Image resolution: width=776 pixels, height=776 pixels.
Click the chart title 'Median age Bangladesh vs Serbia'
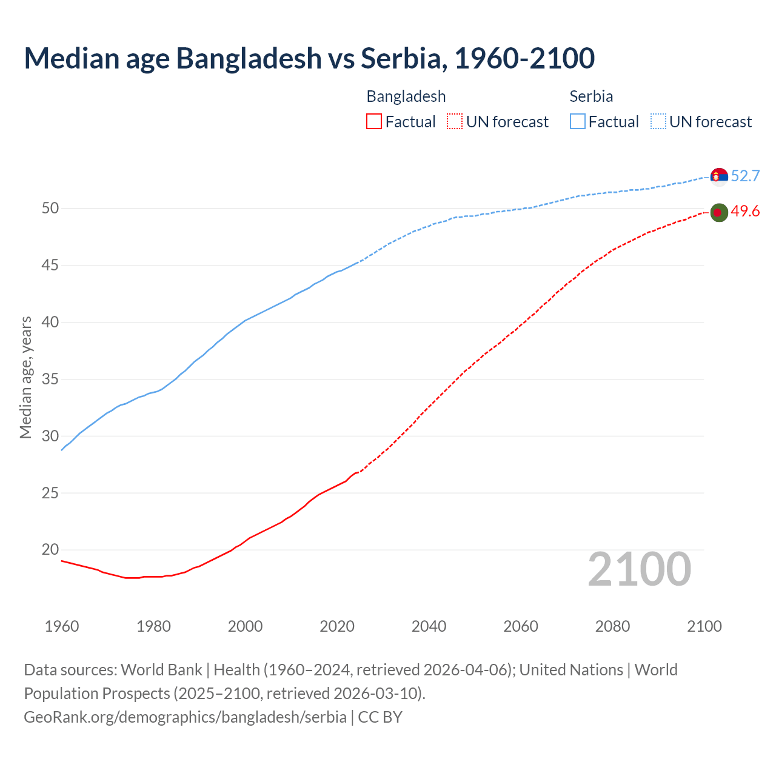pos(309,58)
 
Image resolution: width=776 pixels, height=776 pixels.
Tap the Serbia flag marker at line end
pos(719,176)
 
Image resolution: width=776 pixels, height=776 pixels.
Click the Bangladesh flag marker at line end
pos(719,212)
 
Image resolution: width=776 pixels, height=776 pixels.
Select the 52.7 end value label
pos(745,176)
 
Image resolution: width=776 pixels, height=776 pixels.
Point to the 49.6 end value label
pos(745,212)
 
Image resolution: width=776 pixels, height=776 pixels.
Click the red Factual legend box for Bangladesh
pos(374,122)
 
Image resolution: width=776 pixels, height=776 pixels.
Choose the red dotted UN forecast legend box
pos(455,122)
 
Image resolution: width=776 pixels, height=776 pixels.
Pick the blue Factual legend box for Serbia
pos(578,122)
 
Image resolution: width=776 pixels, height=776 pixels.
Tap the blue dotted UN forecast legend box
pos(658,122)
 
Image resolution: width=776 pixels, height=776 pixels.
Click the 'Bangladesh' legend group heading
pos(406,96)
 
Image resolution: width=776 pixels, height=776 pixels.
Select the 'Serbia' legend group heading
pos(591,96)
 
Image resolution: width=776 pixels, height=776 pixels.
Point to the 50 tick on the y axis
pos(50,209)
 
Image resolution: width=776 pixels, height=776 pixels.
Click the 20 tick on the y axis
pos(50,550)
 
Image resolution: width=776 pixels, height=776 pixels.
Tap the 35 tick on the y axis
pos(50,380)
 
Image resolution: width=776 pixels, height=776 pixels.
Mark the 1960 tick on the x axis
pos(62,626)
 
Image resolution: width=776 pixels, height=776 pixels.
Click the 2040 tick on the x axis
pos(429,626)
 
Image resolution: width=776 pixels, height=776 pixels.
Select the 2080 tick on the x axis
pos(612,626)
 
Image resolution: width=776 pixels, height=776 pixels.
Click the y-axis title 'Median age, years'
pos(25,377)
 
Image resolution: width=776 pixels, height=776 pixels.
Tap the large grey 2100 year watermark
pos(640,569)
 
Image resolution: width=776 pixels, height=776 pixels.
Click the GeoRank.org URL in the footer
pos(185,717)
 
